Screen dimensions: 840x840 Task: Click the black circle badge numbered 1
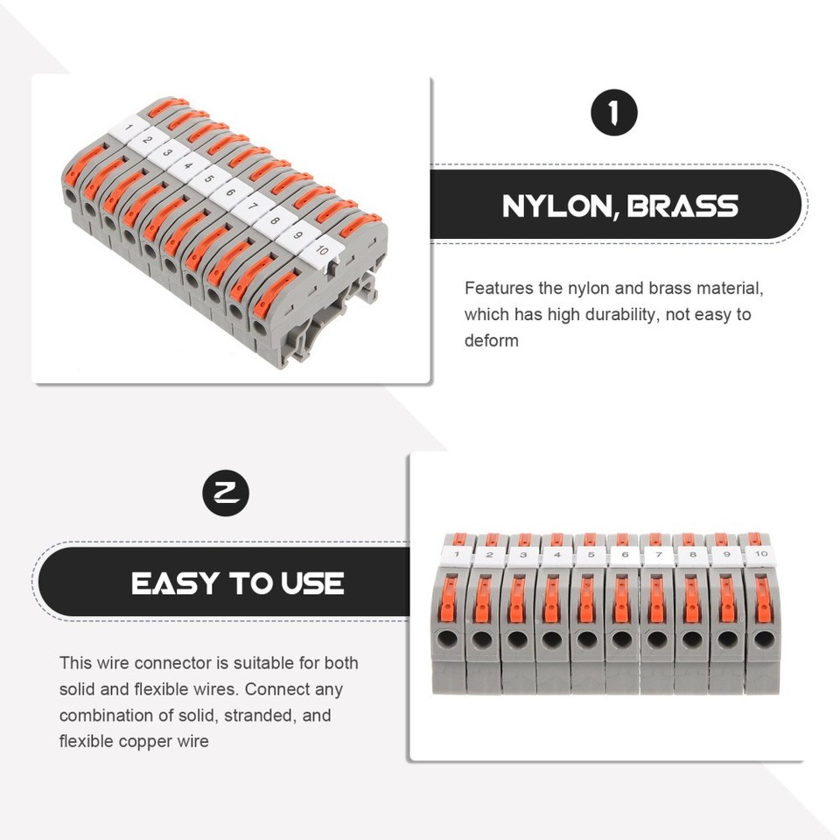(614, 113)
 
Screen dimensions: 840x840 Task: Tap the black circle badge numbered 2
(226, 493)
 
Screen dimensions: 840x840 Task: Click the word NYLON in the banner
(557, 206)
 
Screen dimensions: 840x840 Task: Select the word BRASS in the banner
(682, 206)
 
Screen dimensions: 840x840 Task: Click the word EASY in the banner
(175, 584)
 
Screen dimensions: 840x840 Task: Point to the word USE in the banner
(312, 584)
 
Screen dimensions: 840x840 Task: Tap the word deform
(491, 340)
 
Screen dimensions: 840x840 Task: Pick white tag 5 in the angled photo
(208, 178)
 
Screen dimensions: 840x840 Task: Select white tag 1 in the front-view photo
(457, 555)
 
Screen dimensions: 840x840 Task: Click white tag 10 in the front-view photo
(760, 554)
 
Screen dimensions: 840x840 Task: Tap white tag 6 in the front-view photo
(624, 555)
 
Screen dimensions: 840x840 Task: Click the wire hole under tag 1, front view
(447, 639)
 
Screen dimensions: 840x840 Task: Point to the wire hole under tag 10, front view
(763, 639)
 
